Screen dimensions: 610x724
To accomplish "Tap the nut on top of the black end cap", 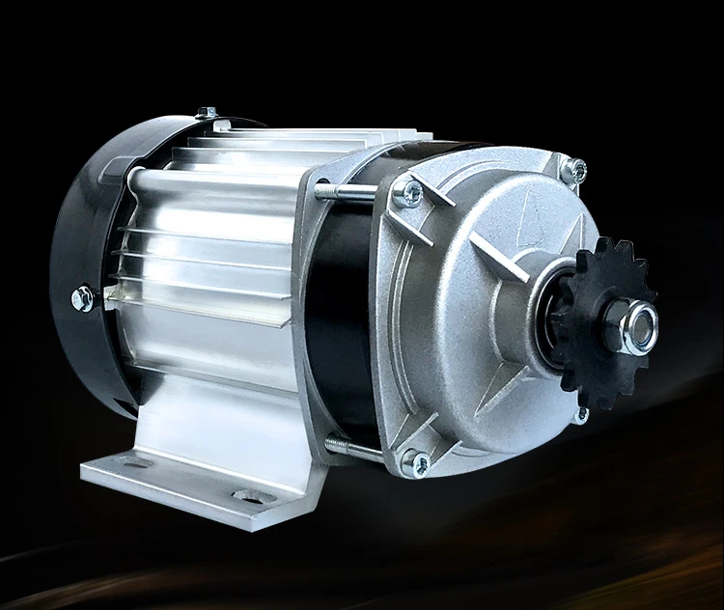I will coord(204,113).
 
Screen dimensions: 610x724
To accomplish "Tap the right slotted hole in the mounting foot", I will coord(252,497).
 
